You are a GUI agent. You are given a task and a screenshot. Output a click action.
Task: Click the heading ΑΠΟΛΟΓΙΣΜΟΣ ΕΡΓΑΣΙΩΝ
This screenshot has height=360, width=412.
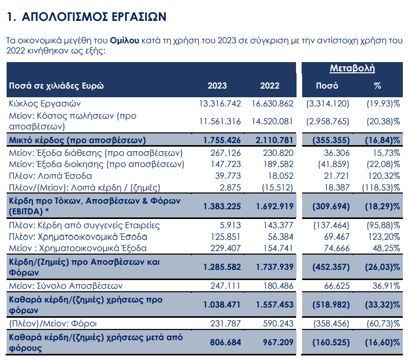(94, 17)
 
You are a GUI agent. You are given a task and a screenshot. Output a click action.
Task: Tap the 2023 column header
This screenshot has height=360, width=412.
(217, 86)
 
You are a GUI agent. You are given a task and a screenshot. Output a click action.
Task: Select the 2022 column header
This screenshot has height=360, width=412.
(270, 86)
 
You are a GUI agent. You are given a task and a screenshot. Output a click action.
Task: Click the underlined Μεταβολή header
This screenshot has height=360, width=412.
(352, 68)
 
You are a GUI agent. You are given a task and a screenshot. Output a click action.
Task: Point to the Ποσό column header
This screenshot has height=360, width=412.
(327, 86)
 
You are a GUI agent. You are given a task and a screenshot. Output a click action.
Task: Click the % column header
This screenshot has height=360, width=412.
(377, 86)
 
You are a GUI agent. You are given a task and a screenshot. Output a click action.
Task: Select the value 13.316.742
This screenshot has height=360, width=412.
(220, 103)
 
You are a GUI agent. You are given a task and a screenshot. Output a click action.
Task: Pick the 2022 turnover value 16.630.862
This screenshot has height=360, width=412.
(273, 103)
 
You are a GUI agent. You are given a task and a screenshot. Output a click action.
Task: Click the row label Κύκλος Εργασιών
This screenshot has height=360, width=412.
(45, 104)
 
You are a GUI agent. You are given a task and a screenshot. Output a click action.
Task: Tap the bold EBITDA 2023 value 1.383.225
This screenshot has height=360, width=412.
(222, 206)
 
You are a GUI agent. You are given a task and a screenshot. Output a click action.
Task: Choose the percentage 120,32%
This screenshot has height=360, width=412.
(384, 176)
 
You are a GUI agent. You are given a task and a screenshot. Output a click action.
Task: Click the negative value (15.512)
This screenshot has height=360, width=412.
(277, 187)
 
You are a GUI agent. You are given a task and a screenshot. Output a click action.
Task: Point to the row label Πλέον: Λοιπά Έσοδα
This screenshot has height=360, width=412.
(50, 176)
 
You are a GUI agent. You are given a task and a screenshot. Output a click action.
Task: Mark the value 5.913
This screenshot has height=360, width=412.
(230, 226)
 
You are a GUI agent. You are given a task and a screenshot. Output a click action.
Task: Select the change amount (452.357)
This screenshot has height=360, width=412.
(331, 267)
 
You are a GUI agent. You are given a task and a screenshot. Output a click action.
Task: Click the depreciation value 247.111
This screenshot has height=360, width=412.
(225, 286)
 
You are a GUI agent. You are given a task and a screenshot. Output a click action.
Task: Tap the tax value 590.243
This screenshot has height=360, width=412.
(278, 323)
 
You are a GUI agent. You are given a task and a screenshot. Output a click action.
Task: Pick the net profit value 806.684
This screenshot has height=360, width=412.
(225, 342)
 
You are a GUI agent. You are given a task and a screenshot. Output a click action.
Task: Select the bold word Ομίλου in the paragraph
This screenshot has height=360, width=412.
(124, 41)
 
